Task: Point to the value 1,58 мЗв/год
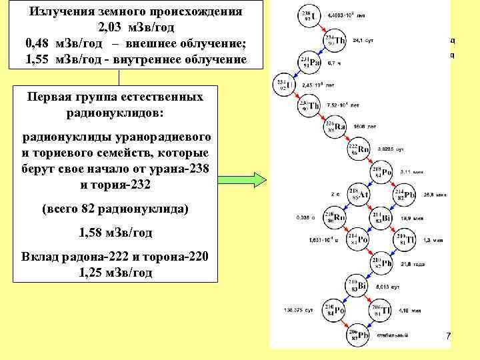115,233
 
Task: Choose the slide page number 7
449,337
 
